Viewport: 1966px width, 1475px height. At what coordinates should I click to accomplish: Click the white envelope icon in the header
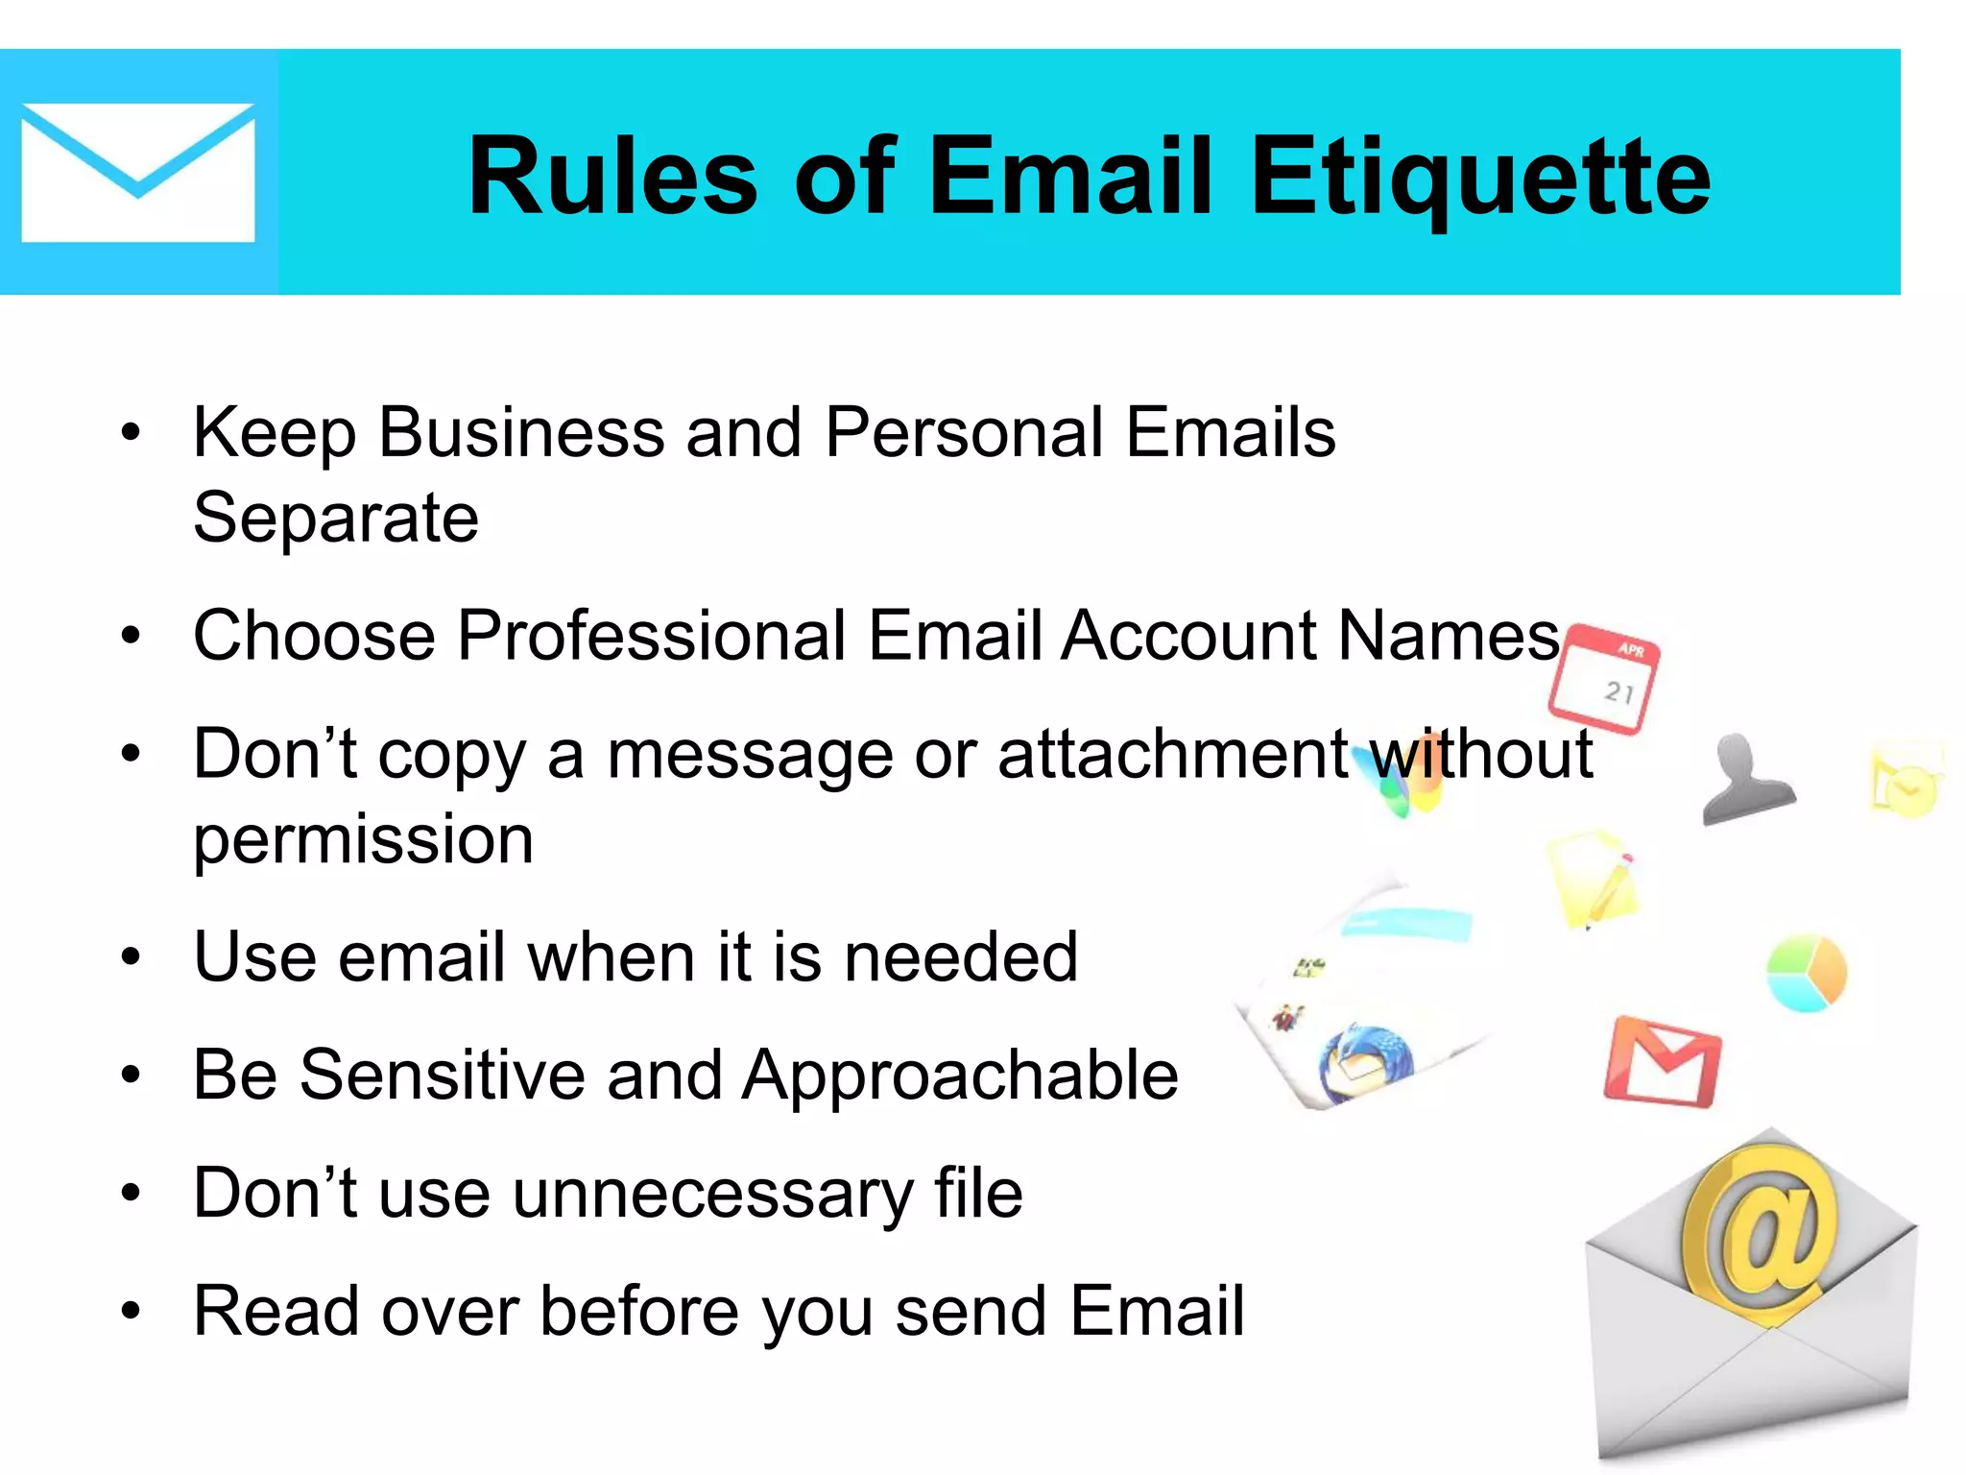tap(137, 173)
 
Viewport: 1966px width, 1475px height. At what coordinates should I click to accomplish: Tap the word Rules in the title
tap(613, 178)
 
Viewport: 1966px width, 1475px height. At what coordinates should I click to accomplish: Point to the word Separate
tap(336, 519)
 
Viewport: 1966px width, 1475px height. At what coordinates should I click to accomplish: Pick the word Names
tap(1449, 637)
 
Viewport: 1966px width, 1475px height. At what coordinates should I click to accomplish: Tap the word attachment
tap(1173, 755)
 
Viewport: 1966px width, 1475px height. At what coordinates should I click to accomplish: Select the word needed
tap(961, 958)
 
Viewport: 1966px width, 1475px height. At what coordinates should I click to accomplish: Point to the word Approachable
tap(960, 1076)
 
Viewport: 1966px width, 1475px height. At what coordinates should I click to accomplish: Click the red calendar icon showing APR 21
tap(1604, 678)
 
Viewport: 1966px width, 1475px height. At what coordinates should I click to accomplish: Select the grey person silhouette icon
tap(1745, 779)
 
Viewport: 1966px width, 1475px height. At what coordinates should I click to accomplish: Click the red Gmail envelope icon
tap(1662, 1061)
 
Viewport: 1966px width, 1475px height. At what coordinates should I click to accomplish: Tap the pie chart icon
tap(1806, 972)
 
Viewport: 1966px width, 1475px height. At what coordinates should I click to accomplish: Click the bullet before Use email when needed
tap(132, 958)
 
